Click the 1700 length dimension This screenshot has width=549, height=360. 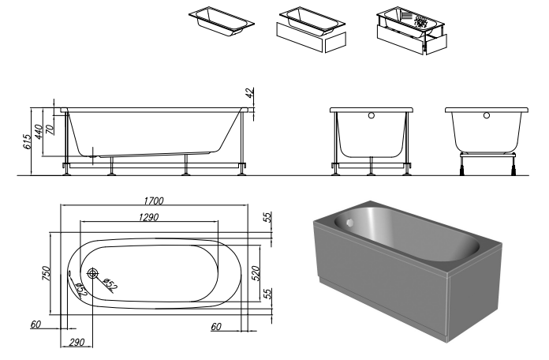[154, 201]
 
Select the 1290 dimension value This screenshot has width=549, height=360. [148, 217]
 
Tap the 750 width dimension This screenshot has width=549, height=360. [47, 273]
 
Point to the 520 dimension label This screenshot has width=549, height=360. [256, 273]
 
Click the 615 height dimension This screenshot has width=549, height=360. [27, 141]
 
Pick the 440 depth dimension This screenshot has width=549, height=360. [38, 132]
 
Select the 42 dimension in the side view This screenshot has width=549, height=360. [249, 93]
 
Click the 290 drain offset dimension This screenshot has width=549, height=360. [77, 342]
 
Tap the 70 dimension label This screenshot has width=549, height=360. [50, 129]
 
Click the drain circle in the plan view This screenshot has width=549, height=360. [93, 273]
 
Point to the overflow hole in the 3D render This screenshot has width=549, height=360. [349, 223]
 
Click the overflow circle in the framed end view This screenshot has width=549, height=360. [372, 115]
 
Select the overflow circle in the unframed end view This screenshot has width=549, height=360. [487, 115]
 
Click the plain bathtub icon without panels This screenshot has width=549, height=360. [222, 21]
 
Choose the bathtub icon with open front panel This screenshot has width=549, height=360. [412, 30]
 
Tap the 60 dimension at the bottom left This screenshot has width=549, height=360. [35, 324]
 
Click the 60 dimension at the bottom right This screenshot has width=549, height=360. [216, 327]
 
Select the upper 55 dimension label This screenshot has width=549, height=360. [267, 217]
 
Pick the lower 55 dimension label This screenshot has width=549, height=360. [267, 294]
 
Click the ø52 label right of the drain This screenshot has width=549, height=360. [110, 284]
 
